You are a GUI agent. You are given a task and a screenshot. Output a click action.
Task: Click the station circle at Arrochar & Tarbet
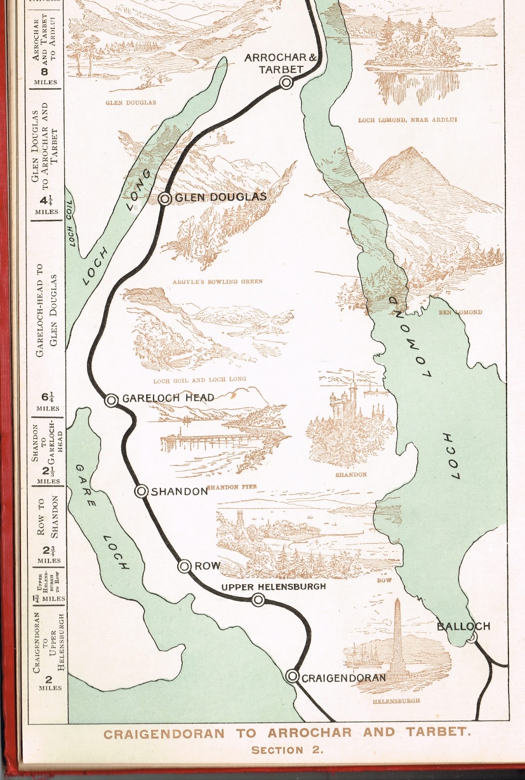coord(286,83)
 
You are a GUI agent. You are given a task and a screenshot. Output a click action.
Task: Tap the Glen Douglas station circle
coord(165,198)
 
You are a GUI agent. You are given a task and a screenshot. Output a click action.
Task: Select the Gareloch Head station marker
coord(112,400)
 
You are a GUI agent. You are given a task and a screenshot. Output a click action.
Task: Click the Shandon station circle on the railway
coord(141,491)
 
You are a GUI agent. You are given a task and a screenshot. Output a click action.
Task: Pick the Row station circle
coord(184,566)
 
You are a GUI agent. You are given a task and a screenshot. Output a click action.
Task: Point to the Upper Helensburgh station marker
coord(257,600)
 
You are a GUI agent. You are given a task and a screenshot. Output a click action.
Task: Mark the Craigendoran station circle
coord(292,676)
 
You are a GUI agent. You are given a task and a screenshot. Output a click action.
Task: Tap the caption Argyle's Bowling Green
coord(217,281)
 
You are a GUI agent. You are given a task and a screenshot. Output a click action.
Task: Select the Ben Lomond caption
coord(460,312)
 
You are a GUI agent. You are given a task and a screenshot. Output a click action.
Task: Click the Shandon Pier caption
coord(232,487)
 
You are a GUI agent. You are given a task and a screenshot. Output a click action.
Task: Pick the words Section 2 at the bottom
coord(287,750)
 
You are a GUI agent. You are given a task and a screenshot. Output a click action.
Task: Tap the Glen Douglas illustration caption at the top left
coord(131,103)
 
